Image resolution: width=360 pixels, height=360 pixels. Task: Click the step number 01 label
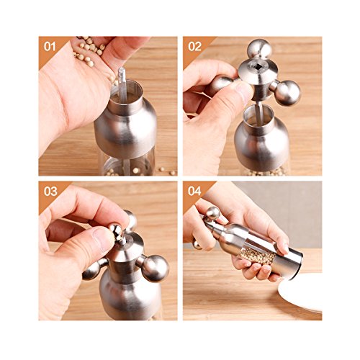click(50, 46)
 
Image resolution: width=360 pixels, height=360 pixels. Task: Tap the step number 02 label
click(194, 47)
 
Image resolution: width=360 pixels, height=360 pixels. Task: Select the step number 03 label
click(50, 192)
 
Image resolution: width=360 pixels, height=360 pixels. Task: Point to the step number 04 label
click(194, 192)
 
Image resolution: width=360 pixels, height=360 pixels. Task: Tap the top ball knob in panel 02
click(259, 50)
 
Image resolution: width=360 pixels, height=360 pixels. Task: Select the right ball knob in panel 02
click(287, 93)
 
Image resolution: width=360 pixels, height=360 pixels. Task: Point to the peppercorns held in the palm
click(89, 50)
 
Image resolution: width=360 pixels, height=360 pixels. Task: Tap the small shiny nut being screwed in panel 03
click(117, 233)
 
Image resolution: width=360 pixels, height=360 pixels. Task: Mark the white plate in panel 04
click(300, 293)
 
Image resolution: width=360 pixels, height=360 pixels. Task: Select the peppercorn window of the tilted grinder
click(258, 255)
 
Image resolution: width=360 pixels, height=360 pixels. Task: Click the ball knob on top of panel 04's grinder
click(213, 213)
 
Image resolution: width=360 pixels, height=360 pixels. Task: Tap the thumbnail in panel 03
click(104, 238)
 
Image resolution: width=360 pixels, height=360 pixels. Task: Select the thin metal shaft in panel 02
click(258, 112)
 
